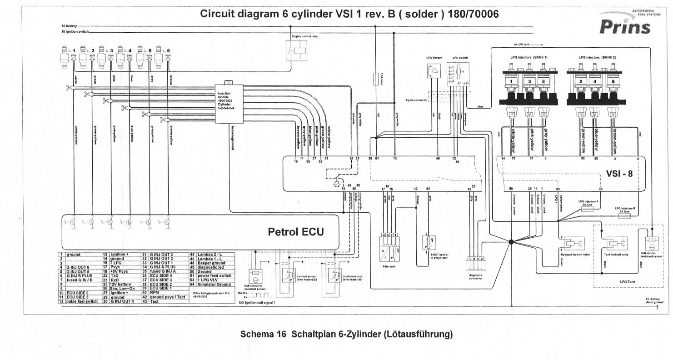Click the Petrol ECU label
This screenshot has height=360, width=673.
point(296,232)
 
